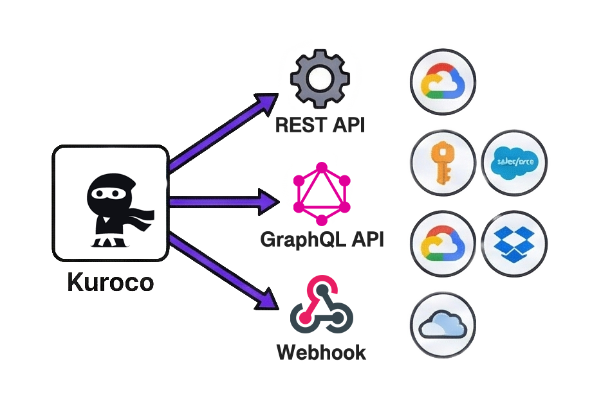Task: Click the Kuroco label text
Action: coord(110,283)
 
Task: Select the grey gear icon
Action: coord(319,80)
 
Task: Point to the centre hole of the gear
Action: coord(319,80)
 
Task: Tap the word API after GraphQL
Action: coord(367,240)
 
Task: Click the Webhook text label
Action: coord(320,352)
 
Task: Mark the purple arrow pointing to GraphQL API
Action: coord(225,202)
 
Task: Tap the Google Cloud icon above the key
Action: coord(443,83)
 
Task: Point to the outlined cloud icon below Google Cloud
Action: coord(443,324)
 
